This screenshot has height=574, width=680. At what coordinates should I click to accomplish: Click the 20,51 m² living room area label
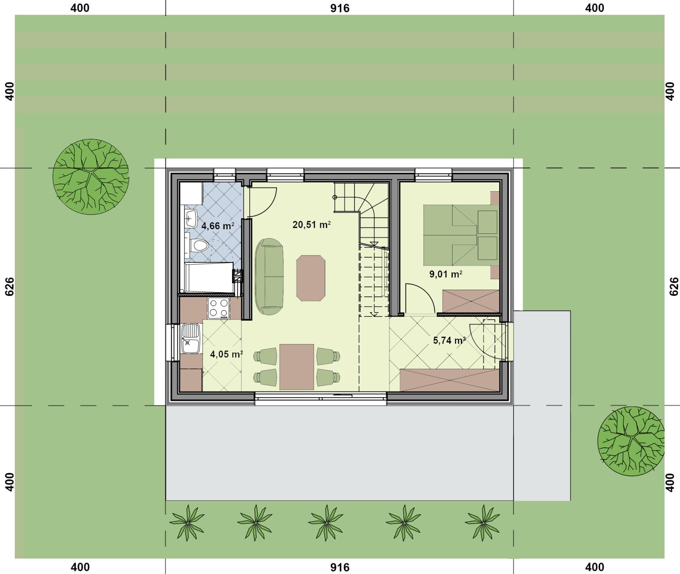pyautogui.click(x=311, y=225)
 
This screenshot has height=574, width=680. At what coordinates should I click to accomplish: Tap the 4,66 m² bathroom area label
pyautogui.click(x=217, y=226)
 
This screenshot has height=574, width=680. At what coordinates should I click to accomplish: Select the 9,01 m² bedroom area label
pyautogui.click(x=446, y=274)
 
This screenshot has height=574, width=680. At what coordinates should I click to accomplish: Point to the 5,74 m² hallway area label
pyautogui.click(x=449, y=341)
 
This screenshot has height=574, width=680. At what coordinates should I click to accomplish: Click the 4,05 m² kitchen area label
pyautogui.click(x=226, y=354)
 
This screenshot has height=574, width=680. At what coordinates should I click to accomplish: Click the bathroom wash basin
pyautogui.click(x=191, y=219)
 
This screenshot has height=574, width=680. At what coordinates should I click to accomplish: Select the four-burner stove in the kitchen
pyautogui.click(x=219, y=308)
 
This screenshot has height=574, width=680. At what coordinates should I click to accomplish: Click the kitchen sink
pyautogui.click(x=191, y=338)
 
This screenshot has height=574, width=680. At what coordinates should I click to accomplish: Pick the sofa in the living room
pyautogui.click(x=269, y=277)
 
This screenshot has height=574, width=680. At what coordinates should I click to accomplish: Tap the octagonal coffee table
pyautogui.click(x=311, y=278)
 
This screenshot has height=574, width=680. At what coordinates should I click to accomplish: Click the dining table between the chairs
pyautogui.click(x=297, y=367)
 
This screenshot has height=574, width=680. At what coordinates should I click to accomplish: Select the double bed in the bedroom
pyautogui.click(x=460, y=235)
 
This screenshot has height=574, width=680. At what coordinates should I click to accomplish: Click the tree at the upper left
pyautogui.click(x=91, y=177)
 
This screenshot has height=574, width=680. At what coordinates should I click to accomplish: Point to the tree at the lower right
pyautogui.click(x=630, y=441)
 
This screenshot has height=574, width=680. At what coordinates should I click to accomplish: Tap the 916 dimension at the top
pyautogui.click(x=340, y=8)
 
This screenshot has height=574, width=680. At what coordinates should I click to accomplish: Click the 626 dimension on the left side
pyautogui.click(x=10, y=286)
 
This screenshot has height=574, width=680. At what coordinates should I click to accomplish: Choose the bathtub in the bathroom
pyautogui.click(x=209, y=277)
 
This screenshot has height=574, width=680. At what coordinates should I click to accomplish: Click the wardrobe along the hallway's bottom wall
pyautogui.click(x=450, y=380)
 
